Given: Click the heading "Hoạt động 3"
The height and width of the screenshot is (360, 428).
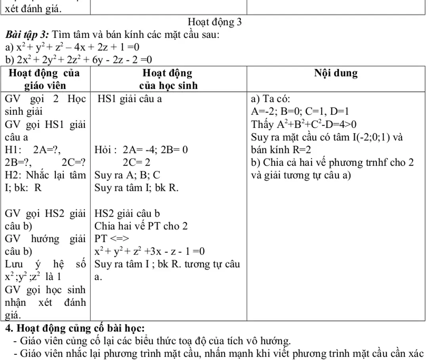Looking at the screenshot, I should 214,22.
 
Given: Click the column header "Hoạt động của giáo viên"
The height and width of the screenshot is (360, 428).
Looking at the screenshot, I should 45,79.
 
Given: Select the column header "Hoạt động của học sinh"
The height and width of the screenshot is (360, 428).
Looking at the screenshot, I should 168,79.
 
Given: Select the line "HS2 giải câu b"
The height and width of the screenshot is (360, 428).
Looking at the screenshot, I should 127,214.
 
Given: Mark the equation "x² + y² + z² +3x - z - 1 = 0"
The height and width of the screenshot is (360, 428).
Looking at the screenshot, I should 149,251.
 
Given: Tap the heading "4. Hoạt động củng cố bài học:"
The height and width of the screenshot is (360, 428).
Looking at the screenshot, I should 75,328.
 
